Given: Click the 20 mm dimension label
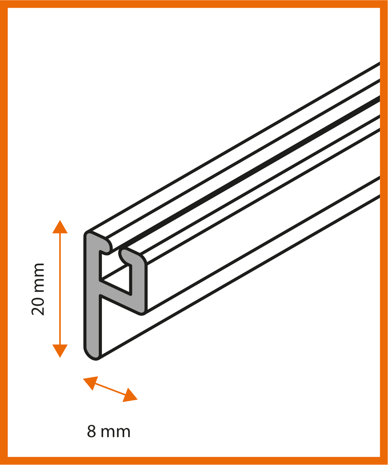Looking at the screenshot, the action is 38,289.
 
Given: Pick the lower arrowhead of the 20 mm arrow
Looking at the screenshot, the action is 60,351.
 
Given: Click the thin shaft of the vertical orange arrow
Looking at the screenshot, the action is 60,289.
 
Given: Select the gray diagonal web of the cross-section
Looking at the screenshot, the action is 120,298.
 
